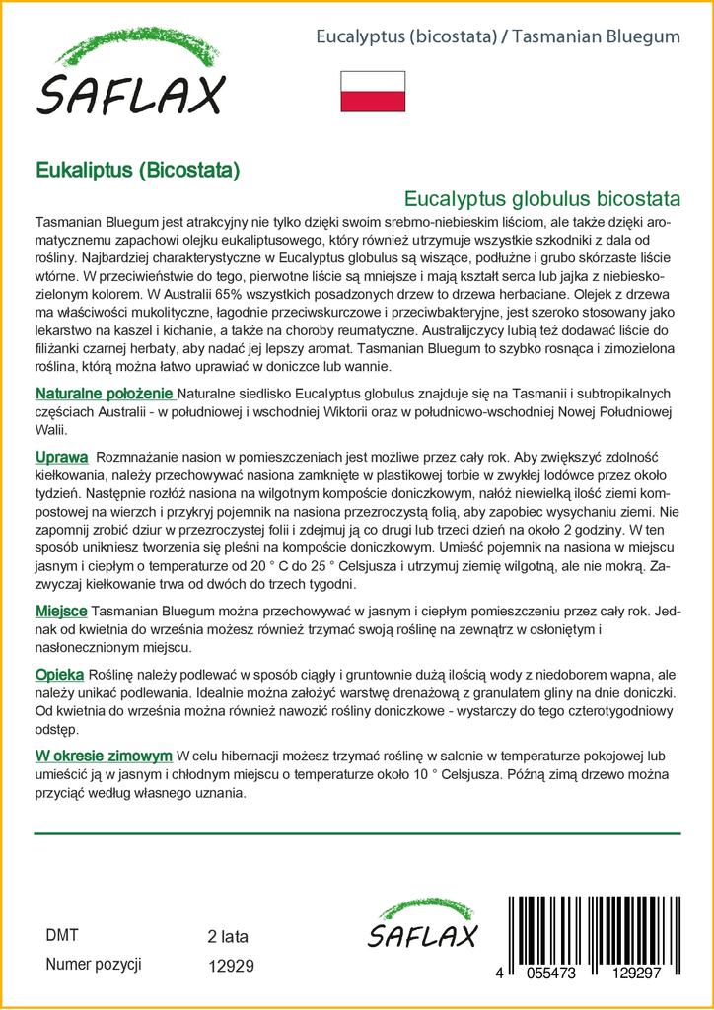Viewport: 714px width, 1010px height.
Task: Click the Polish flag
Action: pyautogui.click(x=373, y=90)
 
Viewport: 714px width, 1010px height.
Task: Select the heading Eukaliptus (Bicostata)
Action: pyautogui.click(x=137, y=169)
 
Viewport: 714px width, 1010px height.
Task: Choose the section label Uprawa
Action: pyautogui.click(x=61, y=458)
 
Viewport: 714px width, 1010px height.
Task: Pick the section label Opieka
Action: pyautogui.click(x=60, y=674)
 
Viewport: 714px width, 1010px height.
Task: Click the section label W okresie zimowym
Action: pyautogui.click(x=104, y=757)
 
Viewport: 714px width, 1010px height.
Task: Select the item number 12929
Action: pyautogui.click(x=232, y=967)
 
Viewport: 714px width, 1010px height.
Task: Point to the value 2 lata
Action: pyautogui.click(x=228, y=936)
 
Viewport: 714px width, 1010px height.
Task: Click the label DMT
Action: pyautogui.click(x=63, y=936)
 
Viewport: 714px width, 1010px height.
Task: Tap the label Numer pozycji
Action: pyautogui.click(x=95, y=965)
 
